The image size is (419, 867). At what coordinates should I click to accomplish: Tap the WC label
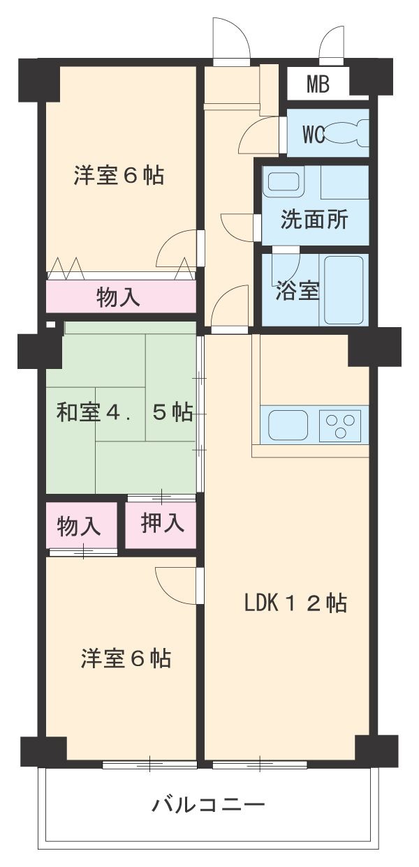(x=314, y=135)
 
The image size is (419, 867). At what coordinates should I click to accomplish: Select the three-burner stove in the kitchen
(x=340, y=425)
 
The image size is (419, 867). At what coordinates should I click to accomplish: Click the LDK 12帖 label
(x=295, y=603)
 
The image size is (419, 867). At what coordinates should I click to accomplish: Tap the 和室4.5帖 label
(x=124, y=413)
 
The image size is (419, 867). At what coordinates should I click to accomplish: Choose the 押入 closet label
(x=163, y=523)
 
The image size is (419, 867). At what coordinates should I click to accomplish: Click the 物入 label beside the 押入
(x=78, y=526)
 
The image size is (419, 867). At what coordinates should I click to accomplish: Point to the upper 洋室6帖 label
(x=119, y=176)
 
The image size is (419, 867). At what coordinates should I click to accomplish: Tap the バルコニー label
(x=209, y=806)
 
